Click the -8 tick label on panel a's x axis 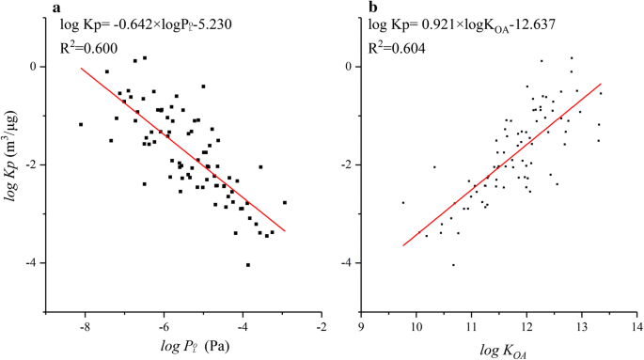click(x=85, y=326)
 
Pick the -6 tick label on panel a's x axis click(x=164, y=326)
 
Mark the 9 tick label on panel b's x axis click(x=361, y=326)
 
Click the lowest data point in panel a click(x=248, y=265)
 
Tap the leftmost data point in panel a click(x=81, y=124)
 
